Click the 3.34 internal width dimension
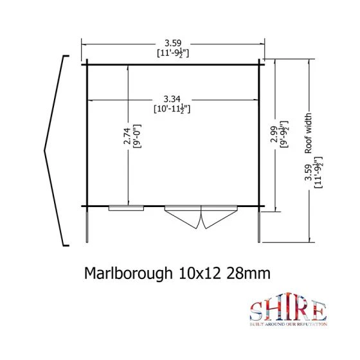tap(171, 99)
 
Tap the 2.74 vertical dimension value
tap(127, 136)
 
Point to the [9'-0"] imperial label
tap(136, 136)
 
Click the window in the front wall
tap(126, 208)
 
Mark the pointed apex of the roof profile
tap(45, 150)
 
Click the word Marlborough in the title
tap(127, 273)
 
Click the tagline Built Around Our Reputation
tap(289, 327)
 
